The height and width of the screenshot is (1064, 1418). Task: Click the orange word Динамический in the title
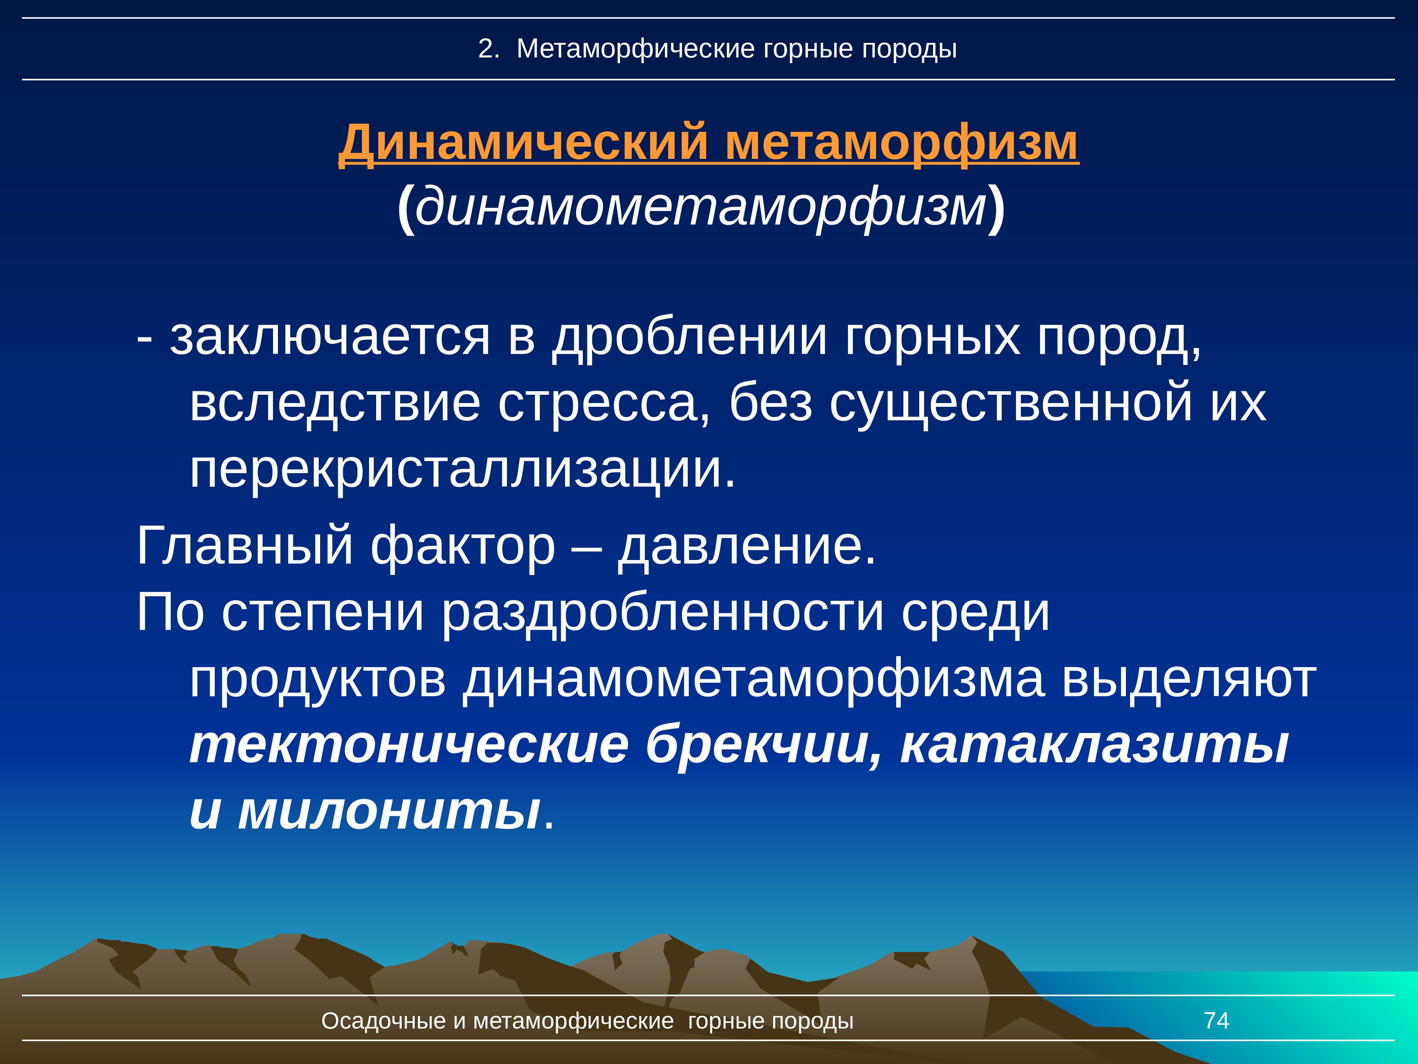[x=523, y=142]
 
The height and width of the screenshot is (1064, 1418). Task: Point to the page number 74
[x=1216, y=1020]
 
